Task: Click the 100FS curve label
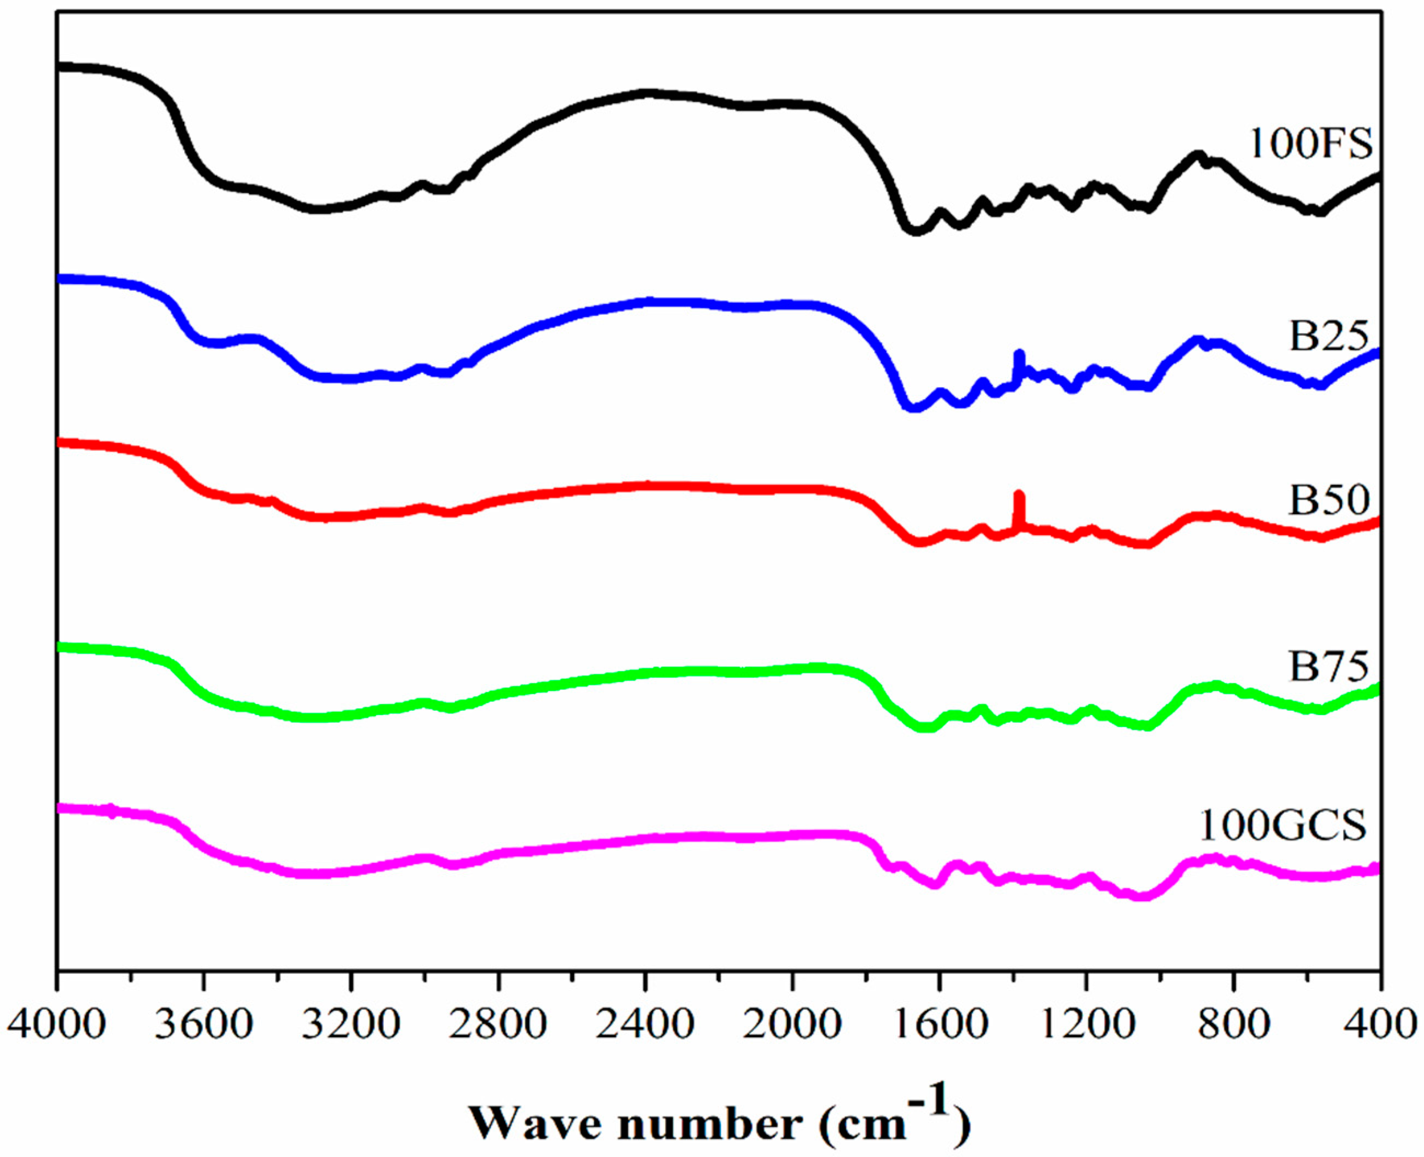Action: [1310, 144]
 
